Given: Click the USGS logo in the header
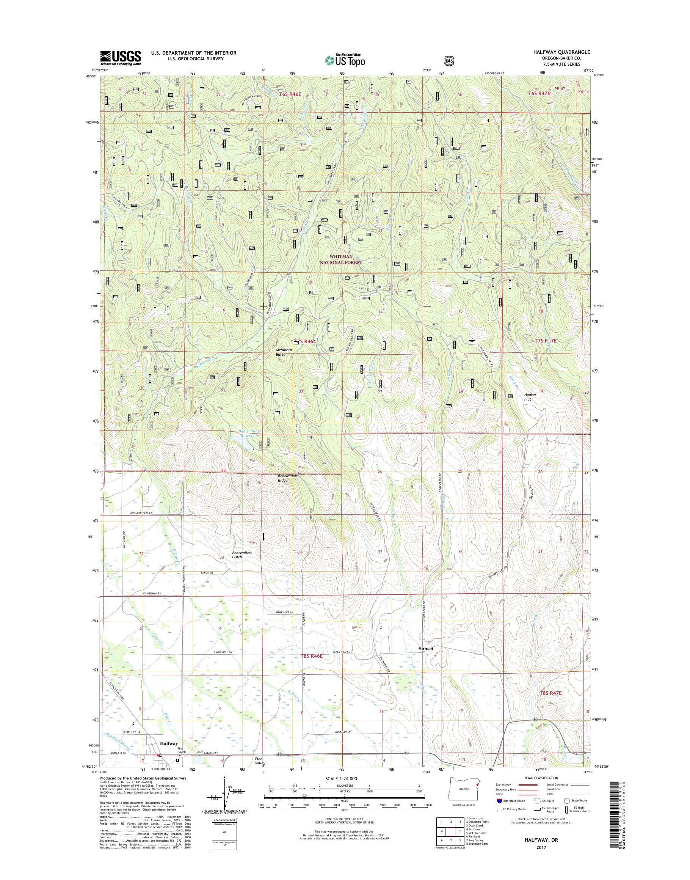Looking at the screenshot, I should [121, 58].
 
